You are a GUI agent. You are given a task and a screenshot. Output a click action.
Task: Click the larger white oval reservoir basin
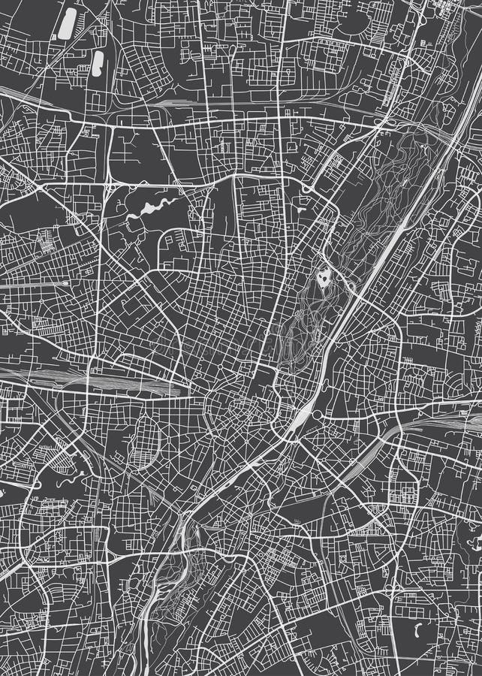point(68,23)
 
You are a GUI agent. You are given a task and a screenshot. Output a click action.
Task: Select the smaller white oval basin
point(98,62)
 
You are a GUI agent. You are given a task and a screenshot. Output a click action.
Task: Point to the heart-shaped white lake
point(324,280)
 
